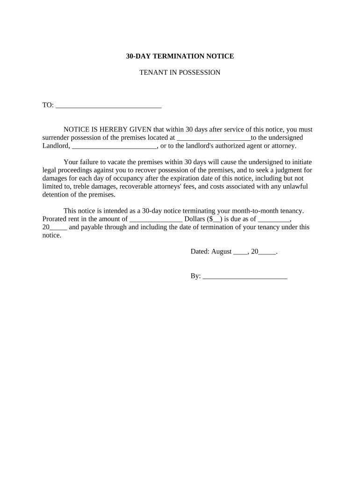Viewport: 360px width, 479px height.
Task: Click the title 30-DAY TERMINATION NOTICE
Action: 180,56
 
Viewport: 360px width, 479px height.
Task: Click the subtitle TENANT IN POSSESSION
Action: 180,73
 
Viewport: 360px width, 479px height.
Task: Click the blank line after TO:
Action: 108,106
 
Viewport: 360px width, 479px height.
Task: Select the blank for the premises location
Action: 214,138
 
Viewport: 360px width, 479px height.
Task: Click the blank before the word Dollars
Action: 156,219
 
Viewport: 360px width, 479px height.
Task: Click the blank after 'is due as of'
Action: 274,219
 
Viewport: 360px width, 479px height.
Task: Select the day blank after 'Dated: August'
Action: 240,252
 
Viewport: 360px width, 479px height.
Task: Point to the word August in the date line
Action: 222,252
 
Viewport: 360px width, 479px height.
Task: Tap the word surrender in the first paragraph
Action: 56,138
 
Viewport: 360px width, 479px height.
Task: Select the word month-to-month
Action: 252,211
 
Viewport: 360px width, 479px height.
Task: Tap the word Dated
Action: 200,252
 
